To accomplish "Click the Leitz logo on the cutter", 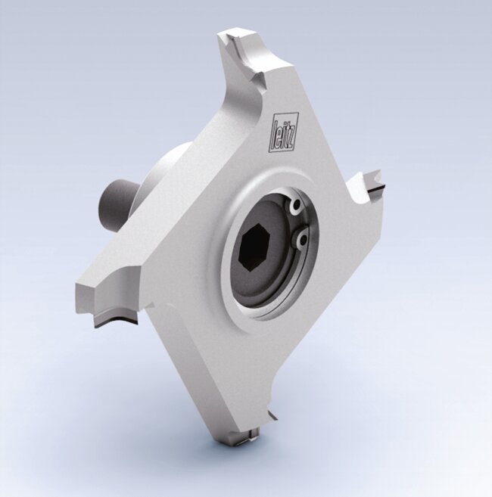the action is [x=284, y=135].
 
